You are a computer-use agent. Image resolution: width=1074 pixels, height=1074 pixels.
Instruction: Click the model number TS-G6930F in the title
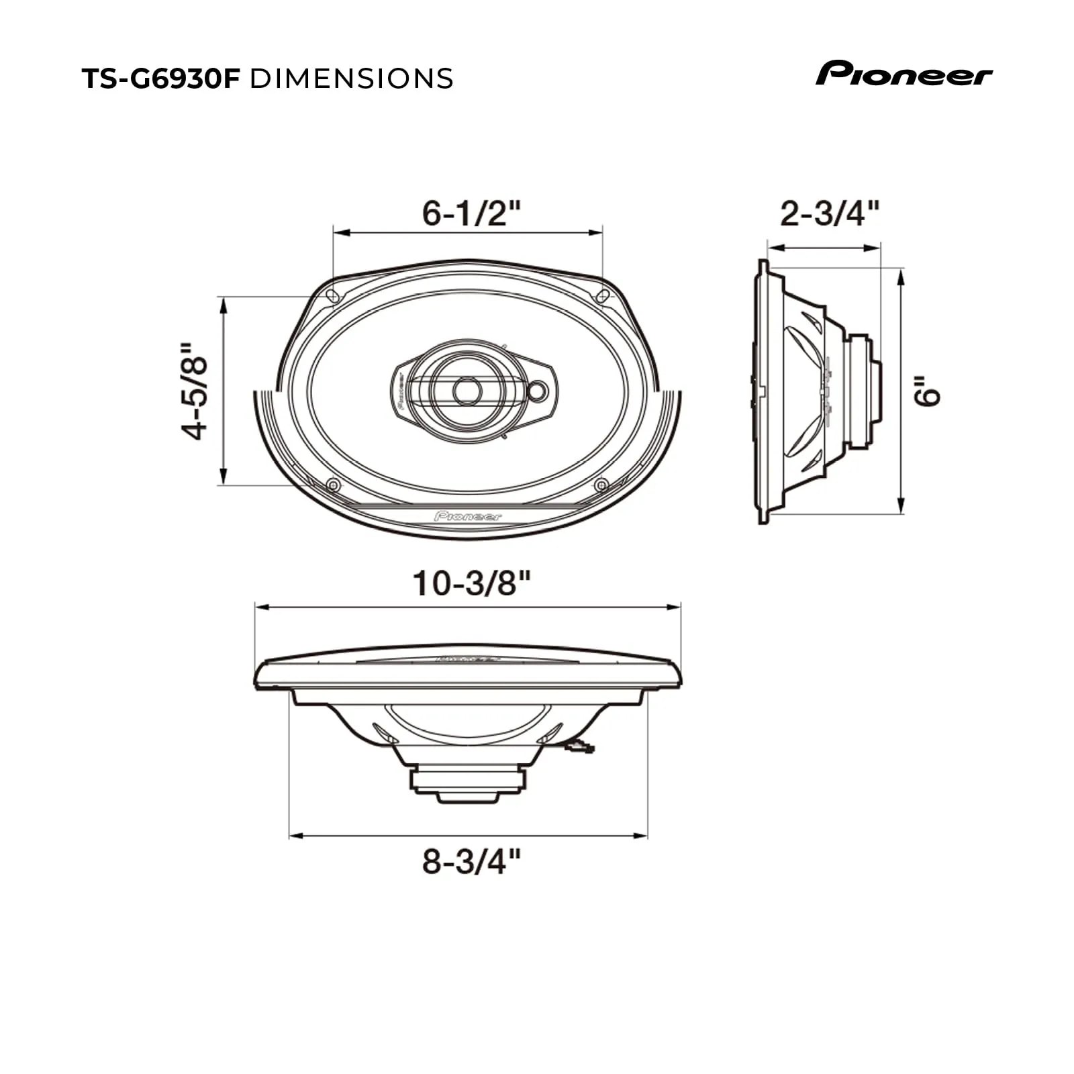pyautogui.click(x=160, y=79)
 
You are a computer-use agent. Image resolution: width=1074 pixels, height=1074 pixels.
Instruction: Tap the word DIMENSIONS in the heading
pyautogui.click(x=351, y=79)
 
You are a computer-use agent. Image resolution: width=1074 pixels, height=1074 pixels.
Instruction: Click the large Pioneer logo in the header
pyautogui.click(x=904, y=73)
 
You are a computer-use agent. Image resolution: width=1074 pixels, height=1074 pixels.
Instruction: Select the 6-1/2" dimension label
pyautogui.click(x=471, y=213)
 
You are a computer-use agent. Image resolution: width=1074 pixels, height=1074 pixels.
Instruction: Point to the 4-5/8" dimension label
pyautogui.click(x=196, y=391)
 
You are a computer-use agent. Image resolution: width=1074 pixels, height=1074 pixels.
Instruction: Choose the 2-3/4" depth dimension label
pyautogui.click(x=829, y=213)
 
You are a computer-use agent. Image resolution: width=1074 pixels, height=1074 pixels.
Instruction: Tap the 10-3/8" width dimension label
pyautogui.click(x=471, y=583)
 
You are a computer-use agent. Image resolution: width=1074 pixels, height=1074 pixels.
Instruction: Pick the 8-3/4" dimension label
pyautogui.click(x=471, y=861)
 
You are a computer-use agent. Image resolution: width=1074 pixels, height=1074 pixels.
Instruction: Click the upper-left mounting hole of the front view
pyautogui.click(x=332, y=295)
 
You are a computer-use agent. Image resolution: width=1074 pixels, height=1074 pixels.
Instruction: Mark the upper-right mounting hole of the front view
pyautogui.click(x=603, y=295)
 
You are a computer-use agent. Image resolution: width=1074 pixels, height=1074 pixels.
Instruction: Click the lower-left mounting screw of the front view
pyautogui.click(x=332, y=485)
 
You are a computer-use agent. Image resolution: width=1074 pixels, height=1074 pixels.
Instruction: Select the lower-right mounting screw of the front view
pyautogui.click(x=601, y=485)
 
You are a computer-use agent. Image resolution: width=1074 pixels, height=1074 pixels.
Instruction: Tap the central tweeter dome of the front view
pyautogui.click(x=467, y=391)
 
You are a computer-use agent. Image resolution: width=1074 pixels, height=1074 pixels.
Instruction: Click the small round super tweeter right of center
pyautogui.click(x=538, y=391)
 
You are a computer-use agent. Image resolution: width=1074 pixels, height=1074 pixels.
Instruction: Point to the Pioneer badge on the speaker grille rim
pyautogui.click(x=468, y=516)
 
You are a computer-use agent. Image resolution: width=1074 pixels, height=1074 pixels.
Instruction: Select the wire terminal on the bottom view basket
pyautogui.click(x=579, y=746)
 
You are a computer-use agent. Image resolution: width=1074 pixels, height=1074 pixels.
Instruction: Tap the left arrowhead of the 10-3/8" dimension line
pyautogui.click(x=262, y=607)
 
